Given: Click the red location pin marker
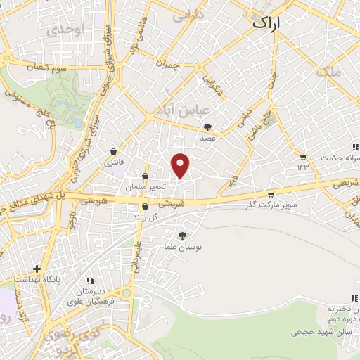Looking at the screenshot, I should [181, 165].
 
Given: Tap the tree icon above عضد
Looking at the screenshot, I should [207, 128].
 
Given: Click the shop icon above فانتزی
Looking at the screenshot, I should [114, 151].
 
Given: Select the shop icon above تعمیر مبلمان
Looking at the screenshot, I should [145, 176].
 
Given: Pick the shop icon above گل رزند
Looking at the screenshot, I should [145, 207].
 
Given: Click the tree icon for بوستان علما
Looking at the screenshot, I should [182, 236].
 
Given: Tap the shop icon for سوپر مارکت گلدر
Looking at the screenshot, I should [271, 194].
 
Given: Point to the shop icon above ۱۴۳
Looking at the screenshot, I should [303, 157].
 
